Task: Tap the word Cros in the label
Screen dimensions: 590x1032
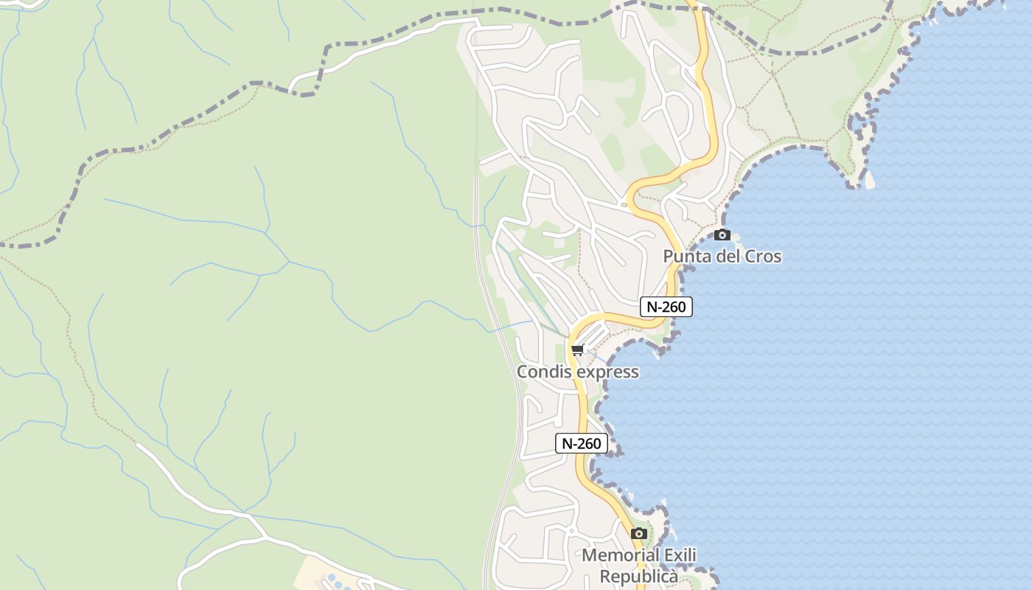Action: pyautogui.click(x=762, y=257)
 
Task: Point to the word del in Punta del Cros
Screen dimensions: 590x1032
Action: pyautogui.click(x=726, y=257)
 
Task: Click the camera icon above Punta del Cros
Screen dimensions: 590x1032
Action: pyautogui.click(x=722, y=235)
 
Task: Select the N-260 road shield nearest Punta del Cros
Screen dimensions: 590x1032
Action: pyautogui.click(x=666, y=307)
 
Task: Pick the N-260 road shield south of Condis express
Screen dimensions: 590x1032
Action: pyautogui.click(x=582, y=443)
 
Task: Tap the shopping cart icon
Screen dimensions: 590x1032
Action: pyautogui.click(x=577, y=350)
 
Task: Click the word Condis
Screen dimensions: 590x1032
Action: pyautogui.click(x=544, y=372)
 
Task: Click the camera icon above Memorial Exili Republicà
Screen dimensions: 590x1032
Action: pyautogui.click(x=639, y=533)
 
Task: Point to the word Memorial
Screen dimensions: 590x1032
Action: pyautogui.click(x=620, y=555)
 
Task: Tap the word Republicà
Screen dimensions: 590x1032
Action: pyautogui.click(x=638, y=576)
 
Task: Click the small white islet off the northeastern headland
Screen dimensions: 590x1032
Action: pyautogui.click(x=870, y=179)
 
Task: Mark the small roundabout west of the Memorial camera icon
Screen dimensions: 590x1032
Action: pyautogui.click(x=571, y=530)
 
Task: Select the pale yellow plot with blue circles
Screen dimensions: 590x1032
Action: pyautogui.click(x=324, y=576)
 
